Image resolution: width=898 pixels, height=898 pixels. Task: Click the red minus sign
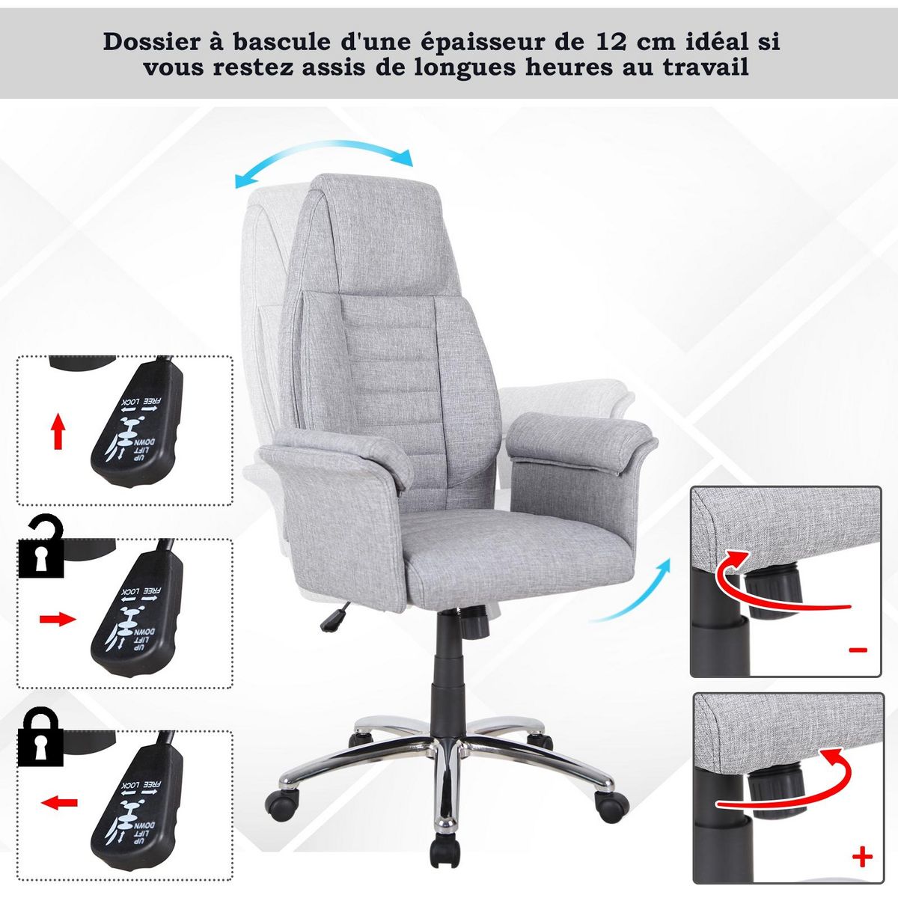[x=859, y=650]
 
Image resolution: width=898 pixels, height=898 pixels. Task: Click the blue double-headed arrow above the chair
[x=323, y=165]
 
